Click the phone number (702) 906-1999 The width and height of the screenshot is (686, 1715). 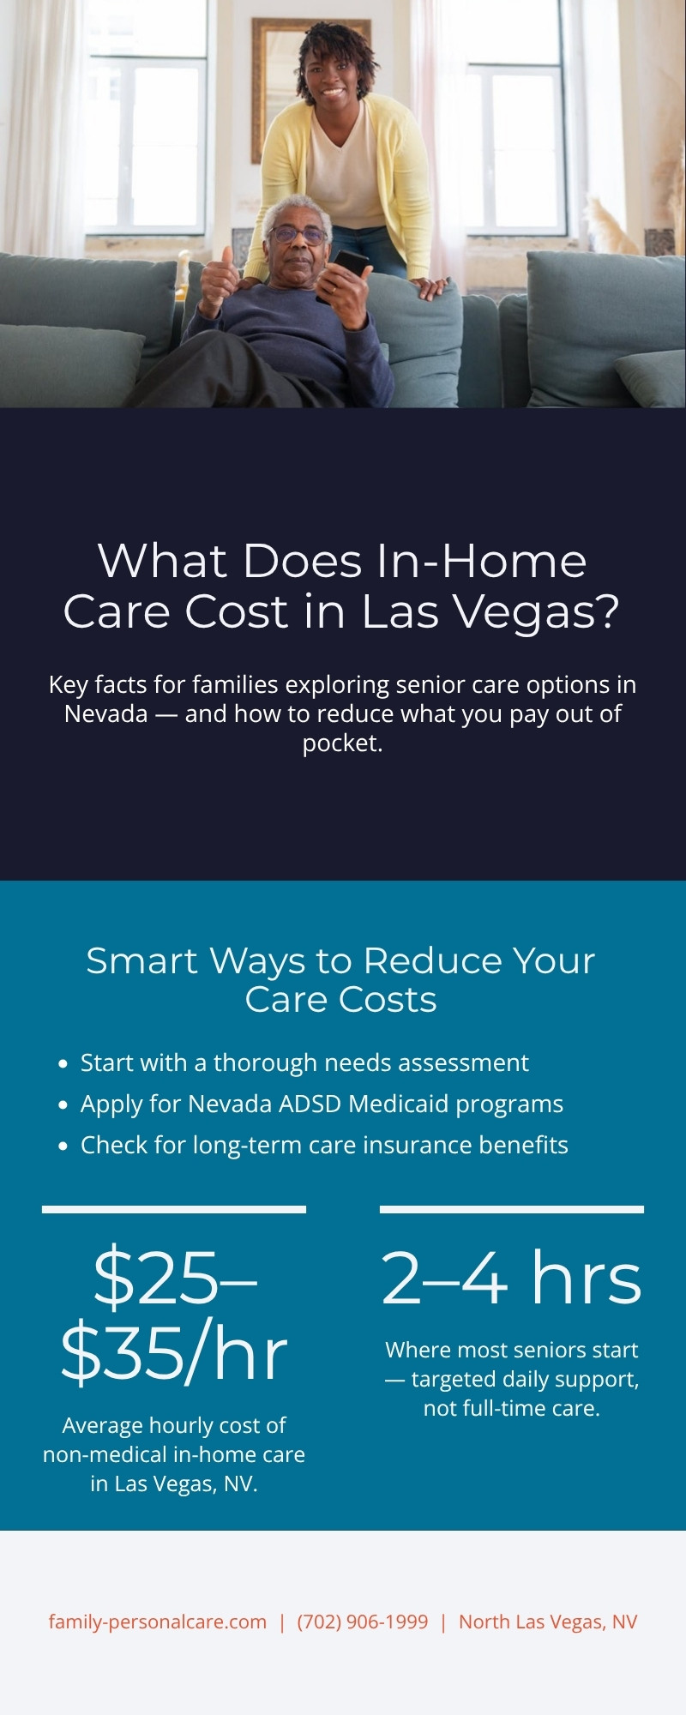pyautogui.click(x=362, y=1622)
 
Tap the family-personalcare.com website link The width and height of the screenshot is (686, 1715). pyautogui.click(x=157, y=1622)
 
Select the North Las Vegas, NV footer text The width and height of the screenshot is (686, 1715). pyautogui.click(x=548, y=1622)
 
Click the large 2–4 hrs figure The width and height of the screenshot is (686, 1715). pyautogui.click(x=511, y=1279)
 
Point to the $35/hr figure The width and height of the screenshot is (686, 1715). pyautogui.click(x=174, y=1354)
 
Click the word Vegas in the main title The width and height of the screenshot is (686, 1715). pyautogui.click(x=533, y=611)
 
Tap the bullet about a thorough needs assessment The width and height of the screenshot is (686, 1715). pyautogui.click(x=304, y=1062)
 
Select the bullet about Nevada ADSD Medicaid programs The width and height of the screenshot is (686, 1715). pyautogui.click(x=322, y=1104)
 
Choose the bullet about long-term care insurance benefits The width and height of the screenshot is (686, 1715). pyautogui.click(x=324, y=1145)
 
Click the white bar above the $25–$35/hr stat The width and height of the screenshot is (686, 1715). pyautogui.click(x=174, y=1209)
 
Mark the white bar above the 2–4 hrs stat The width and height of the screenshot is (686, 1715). pyautogui.click(x=511, y=1209)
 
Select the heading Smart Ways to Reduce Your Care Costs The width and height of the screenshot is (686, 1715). pyautogui.click(x=340, y=979)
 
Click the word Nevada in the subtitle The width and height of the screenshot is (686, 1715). pyautogui.click(x=106, y=713)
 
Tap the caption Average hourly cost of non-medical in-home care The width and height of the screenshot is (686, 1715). pyautogui.click(x=174, y=1454)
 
